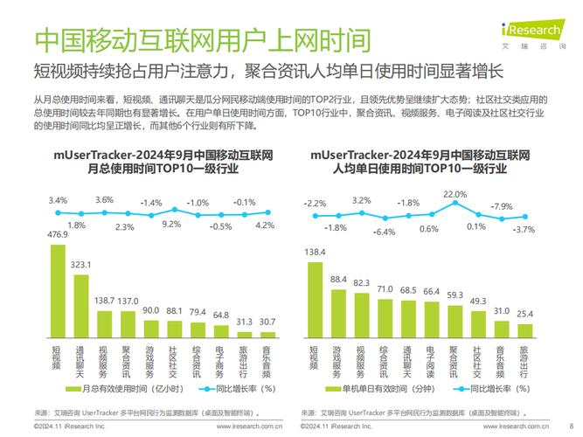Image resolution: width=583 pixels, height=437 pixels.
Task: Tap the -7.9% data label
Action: tap(501, 206)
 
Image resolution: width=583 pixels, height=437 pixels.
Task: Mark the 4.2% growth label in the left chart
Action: tap(266, 225)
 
